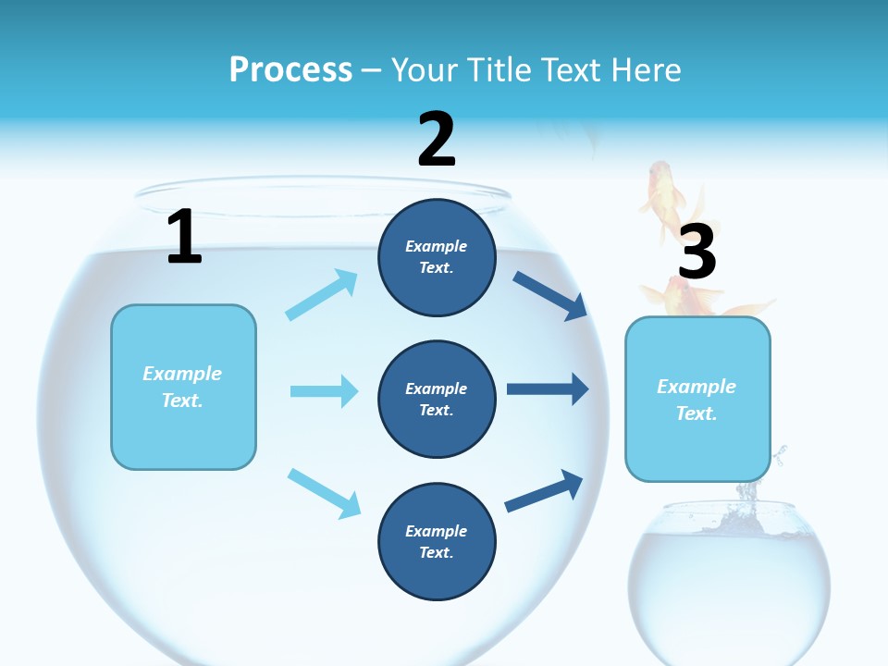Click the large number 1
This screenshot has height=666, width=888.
(184, 237)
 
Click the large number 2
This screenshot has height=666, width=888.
(437, 141)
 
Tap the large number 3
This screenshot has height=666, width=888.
(697, 252)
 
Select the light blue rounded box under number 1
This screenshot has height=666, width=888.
(183, 387)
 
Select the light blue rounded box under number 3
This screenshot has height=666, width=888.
(697, 400)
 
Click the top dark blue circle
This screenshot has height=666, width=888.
(437, 256)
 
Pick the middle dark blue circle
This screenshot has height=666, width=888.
(437, 399)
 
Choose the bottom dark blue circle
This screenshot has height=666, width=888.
(437, 541)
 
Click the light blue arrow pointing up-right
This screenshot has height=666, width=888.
(321, 295)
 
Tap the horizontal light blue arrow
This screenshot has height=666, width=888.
(324, 391)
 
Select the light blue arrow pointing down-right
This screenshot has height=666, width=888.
(324, 492)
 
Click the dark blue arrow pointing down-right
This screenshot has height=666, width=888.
(549, 296)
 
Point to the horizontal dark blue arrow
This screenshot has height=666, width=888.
(548, 389)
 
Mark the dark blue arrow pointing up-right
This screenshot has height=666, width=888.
(544, 491)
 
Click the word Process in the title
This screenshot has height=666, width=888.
(290, 69)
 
